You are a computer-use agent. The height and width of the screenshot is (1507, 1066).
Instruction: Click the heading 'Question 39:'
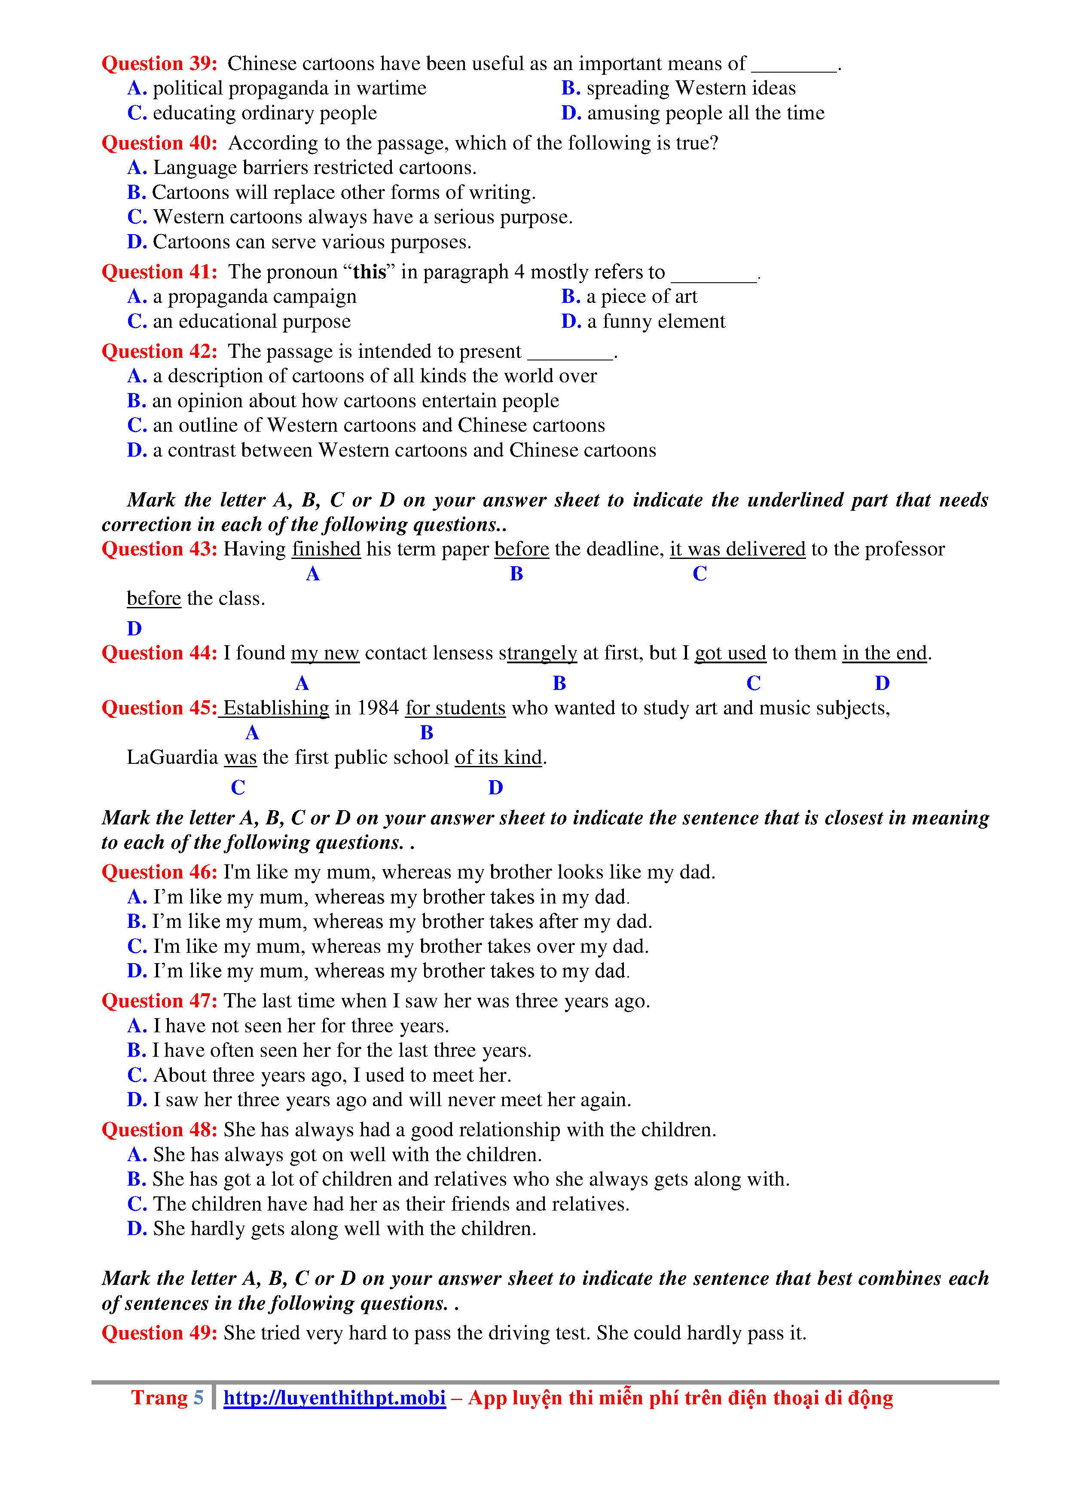pyautogui.click(x=159, y=64)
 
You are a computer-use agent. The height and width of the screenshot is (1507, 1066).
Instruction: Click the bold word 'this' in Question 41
pyautogui.click(x=370, y=272)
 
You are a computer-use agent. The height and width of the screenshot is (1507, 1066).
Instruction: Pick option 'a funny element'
pyautogui.click(x=643, y=322)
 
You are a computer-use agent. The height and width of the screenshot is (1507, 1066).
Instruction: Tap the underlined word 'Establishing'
pyautogui.click(x=276, y=708)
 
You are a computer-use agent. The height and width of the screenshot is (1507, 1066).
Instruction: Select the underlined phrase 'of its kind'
pyautogui.click(x=498, y=757)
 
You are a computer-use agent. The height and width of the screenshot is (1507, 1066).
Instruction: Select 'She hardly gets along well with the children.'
pyautogui.click(x=331, y=1229)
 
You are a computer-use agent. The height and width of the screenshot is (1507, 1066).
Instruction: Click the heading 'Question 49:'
pyautogui.click(x=159, y=1333)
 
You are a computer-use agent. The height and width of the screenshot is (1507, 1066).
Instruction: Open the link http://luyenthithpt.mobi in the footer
pyautogui.click(x=334, y=1398)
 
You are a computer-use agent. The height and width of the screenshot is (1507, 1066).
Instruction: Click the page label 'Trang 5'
pyautogui.click(x=168, y=1398)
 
